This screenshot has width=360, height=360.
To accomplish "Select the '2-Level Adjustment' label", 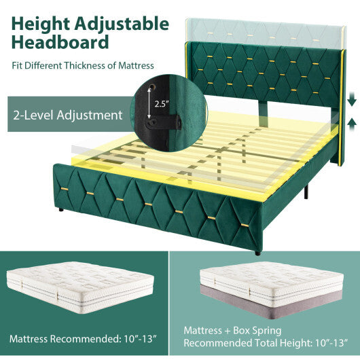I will tap(66, 115).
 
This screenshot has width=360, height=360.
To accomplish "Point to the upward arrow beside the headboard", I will tap(351, 122).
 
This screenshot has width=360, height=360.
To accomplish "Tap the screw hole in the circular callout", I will tap(158, 88).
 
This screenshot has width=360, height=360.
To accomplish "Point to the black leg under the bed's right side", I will tap(308, 192).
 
